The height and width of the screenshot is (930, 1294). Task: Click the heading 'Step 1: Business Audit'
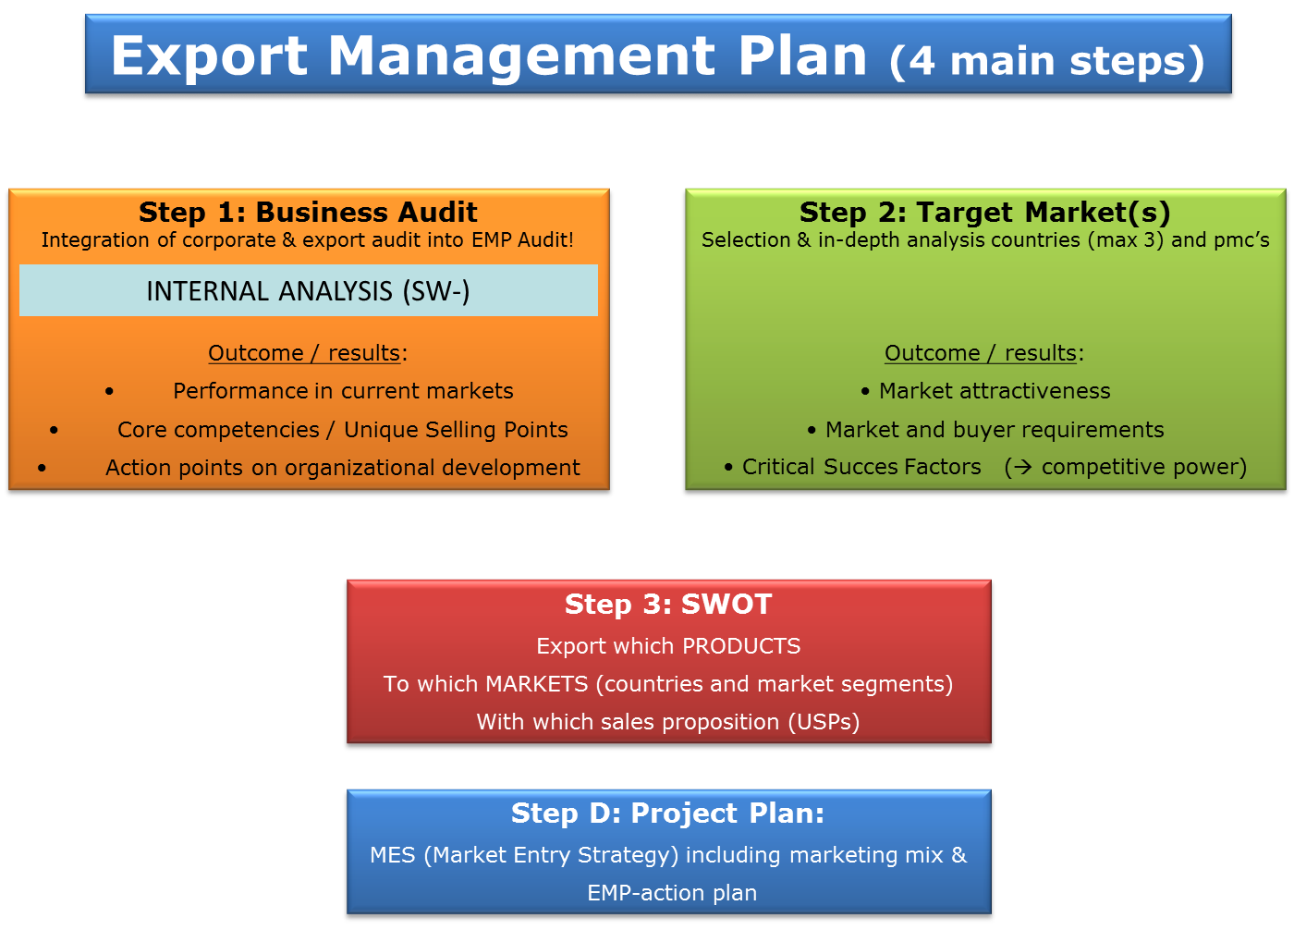coord(308,212)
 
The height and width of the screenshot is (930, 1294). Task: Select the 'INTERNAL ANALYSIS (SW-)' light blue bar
coord(309,290)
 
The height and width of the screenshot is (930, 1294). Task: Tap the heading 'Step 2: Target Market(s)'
coord(985,213)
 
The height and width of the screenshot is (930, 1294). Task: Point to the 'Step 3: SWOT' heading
coord(668,605)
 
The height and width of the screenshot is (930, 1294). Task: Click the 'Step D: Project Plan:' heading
coord(667,814)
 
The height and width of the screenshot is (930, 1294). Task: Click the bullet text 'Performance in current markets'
coord(343,391)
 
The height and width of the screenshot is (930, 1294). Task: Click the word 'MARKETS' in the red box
coord(537,684)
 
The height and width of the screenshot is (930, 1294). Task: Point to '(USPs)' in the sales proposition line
coord(824,722)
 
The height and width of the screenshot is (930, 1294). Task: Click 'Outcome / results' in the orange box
coord(304,353)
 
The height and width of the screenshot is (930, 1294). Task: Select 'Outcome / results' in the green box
coord(981,353)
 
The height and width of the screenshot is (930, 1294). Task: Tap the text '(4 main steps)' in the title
coord(1046,61)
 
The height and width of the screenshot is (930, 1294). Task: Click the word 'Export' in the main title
coord(209,56)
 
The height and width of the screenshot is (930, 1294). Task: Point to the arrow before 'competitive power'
coord(1023,467)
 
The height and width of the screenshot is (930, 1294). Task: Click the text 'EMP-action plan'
coord(672,893)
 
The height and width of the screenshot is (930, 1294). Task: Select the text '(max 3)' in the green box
coord(1126,239)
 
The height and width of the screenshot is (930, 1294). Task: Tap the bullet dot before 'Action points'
coord(42,468)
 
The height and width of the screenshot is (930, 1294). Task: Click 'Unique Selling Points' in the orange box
coord(456,430)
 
